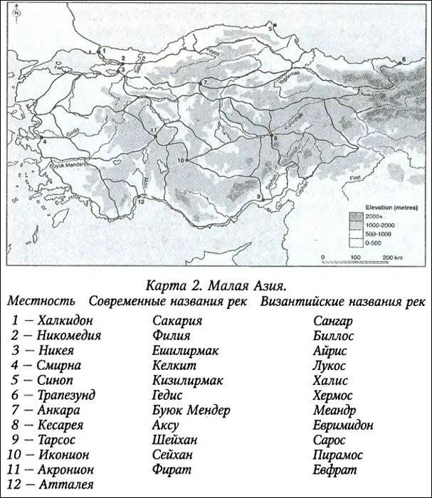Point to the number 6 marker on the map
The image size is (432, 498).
pos(404,58)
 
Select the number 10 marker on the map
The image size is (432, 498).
pos(181,161)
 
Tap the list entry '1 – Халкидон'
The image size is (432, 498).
pos(52,319)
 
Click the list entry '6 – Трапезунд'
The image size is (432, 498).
pos(57,394)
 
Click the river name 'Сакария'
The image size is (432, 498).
pos(177,319)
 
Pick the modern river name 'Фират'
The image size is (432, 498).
pos(172,470)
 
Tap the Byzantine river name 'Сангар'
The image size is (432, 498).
pos(333,319)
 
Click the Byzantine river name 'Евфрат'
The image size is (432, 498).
pos(333,470)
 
